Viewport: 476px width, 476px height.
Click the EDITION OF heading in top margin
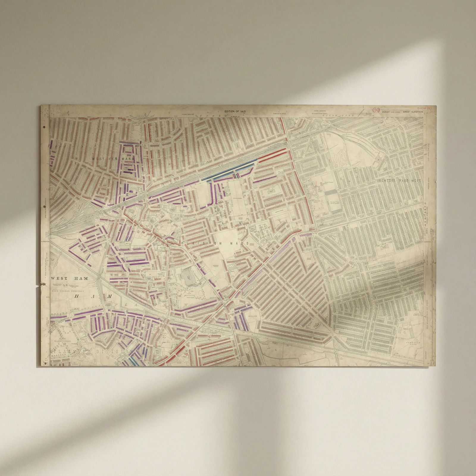(236, 112)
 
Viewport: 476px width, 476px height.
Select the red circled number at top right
(376, 110)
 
